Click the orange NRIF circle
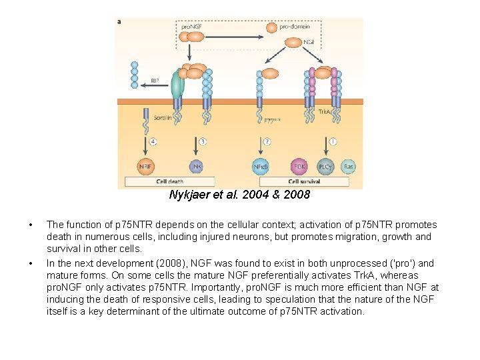point(144,166)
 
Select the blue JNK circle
point(197,166)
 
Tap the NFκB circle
point(261,166)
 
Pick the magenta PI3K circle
point(300,166)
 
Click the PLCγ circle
point(325,166)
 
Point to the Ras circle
point(348,166)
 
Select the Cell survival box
point(304,181)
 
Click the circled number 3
point(203,141)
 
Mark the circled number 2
point(267,141)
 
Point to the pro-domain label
point(294,27)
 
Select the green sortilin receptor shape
point(177,85)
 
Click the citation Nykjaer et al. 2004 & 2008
point(239,195)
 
